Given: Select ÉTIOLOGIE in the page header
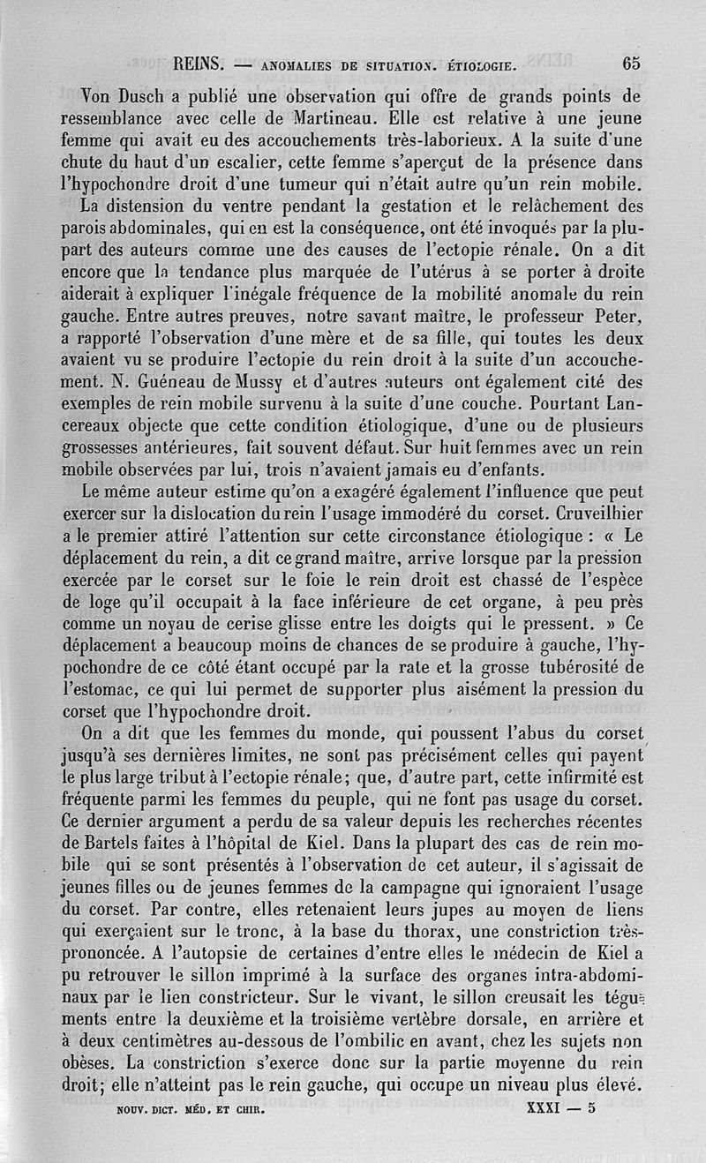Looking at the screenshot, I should (479, 64).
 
